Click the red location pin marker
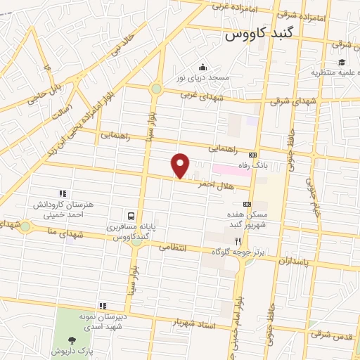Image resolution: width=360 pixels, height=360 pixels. [x=181, y=165]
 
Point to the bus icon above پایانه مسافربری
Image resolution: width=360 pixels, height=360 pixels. [x=131, y=215]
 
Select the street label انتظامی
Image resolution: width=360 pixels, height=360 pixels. [x=173, y=247]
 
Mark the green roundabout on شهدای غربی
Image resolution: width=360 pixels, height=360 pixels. [x=155, y=89]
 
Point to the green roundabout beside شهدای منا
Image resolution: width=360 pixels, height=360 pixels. [x=25, y=226]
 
